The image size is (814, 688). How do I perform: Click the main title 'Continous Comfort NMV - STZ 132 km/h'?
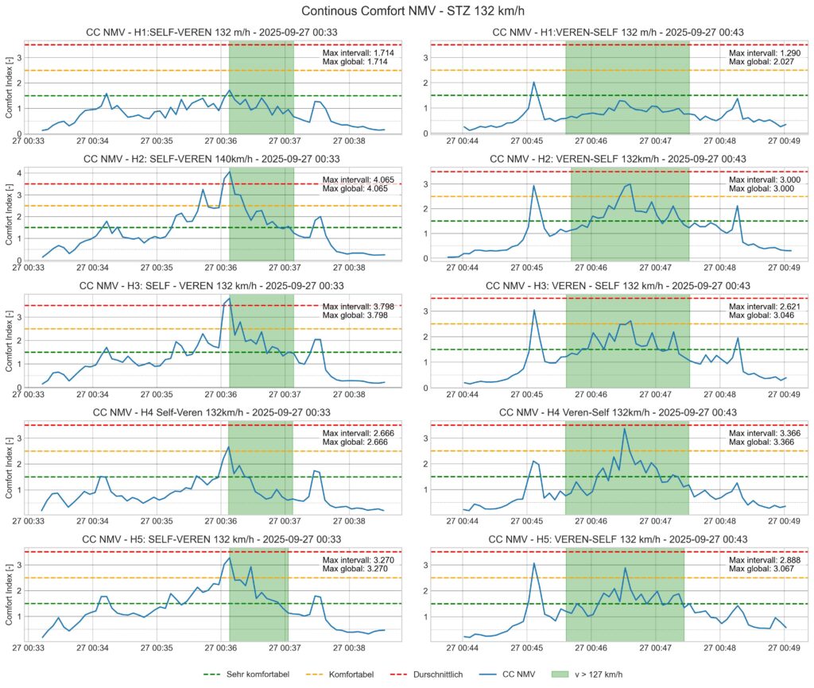pyautogui.click(x=407, y=11)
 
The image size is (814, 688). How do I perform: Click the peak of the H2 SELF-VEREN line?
pyautogui.click(x=230, y=171)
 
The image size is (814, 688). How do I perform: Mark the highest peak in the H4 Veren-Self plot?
pyautogui.click(x=624, y=429)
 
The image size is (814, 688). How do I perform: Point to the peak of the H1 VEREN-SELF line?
pyautogui.click(x=534, y=82)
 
